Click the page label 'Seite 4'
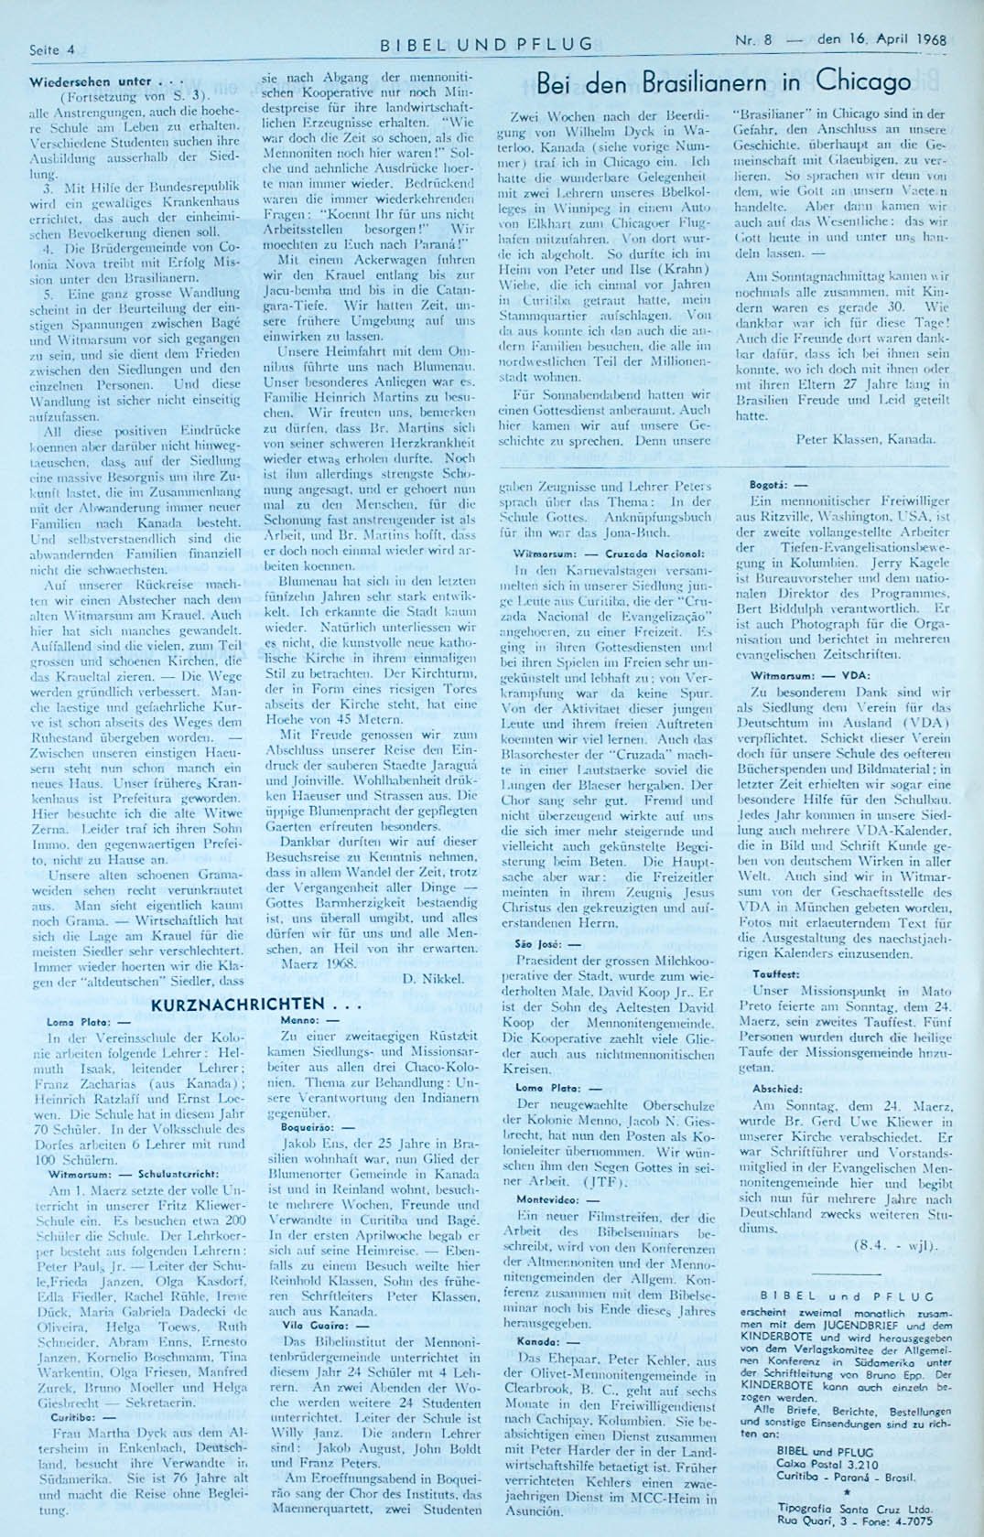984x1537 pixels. coord(52,48)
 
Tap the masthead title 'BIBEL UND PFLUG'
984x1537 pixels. coord(486,44)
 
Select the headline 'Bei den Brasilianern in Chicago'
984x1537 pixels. coord(723,82)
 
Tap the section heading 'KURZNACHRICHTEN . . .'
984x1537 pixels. coord(237,1004)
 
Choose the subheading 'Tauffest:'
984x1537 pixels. coord(770,974)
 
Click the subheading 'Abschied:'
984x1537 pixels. coord(771,1090)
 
